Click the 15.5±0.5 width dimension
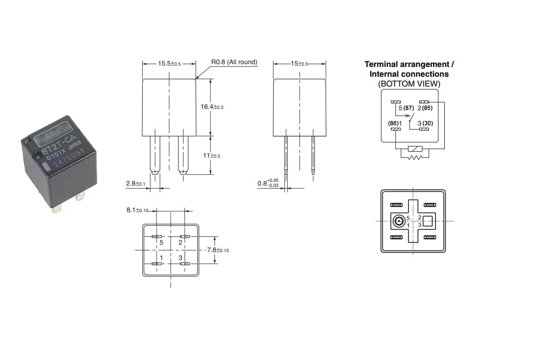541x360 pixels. coord(169,64)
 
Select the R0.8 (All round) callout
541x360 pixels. coord(234,62)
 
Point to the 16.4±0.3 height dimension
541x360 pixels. coord(212,107)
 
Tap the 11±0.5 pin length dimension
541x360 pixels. coord(211,156)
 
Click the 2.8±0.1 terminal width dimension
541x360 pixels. coord(136,183)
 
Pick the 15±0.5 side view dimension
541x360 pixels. coord(299,64)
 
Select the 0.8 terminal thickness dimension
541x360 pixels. coord(268,183)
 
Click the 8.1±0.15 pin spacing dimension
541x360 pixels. coord(137,210)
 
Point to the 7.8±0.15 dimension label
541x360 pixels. coord(217,250)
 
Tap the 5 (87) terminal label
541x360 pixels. coord(406,108)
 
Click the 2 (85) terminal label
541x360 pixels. coord(425,108)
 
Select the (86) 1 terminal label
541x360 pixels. coord(395,123)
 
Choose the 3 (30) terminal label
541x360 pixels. coord(425,123)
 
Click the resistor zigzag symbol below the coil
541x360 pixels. coord(415,157)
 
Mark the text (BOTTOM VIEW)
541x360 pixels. coord(409,84)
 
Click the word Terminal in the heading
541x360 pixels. coord(381,64)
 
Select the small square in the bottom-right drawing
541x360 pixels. coord(428,221)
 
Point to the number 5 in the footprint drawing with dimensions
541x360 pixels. coord(161,243)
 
